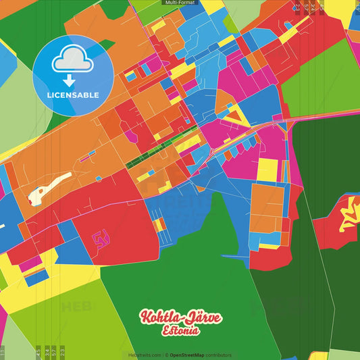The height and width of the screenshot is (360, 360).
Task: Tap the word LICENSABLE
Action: coord(73,95)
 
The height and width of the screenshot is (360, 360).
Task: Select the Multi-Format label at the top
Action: coord(179,3)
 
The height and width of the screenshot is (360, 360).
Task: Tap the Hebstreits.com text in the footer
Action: coord(145,355)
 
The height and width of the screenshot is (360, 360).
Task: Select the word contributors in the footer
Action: coord(219,355)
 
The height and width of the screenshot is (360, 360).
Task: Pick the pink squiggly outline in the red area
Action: coord(101,238)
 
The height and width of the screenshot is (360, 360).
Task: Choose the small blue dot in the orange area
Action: coord(98,178)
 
